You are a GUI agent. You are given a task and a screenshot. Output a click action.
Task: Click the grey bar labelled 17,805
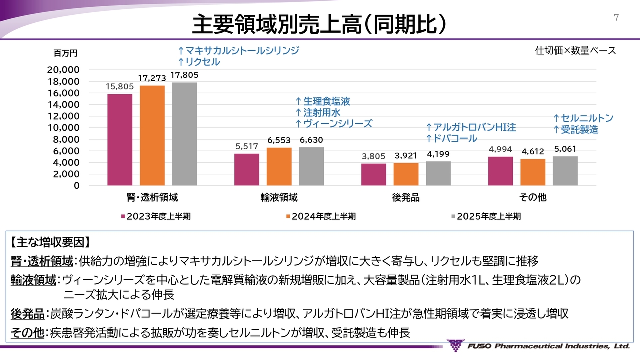coord(185,134)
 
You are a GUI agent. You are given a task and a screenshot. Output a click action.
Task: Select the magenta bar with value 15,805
coord(120,140)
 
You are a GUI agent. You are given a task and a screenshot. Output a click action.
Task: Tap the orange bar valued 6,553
coord(279,167)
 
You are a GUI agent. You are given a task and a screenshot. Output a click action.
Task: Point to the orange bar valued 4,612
coord(533,172)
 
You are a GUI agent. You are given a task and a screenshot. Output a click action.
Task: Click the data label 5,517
coord(247,147)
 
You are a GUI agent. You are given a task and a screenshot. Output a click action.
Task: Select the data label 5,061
coord(566,149)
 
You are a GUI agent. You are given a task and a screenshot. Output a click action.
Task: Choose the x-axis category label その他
coord(533,197)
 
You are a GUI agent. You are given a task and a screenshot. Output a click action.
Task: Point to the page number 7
coord(616,18)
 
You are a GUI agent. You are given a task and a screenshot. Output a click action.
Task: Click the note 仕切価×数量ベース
coord(575,50)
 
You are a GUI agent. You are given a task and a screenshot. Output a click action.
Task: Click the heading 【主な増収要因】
coord(50,243)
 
